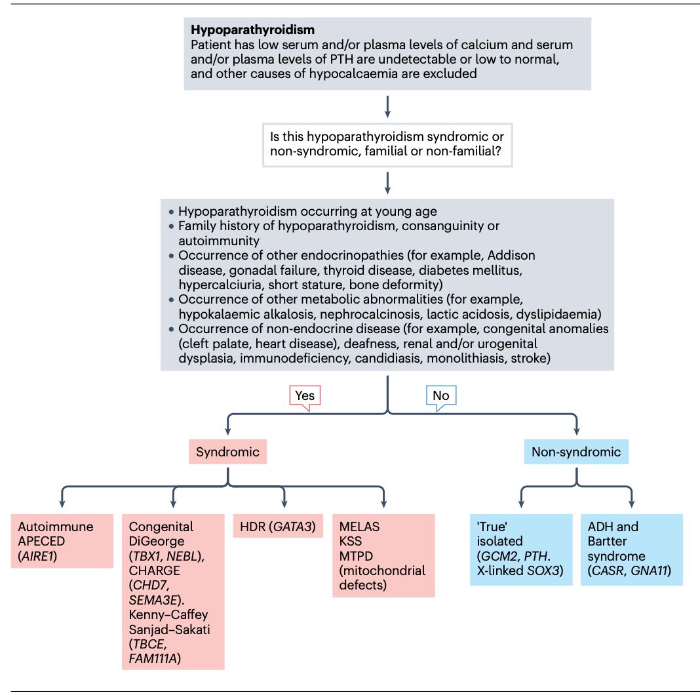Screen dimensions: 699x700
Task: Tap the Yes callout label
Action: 305,395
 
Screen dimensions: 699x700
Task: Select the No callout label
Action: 441,395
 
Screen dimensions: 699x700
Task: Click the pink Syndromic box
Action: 227,452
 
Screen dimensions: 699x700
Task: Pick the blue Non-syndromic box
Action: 576,452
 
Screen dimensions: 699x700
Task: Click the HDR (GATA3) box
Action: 278,527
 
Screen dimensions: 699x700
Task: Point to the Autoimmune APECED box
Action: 62,541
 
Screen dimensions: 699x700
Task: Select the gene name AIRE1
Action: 43,556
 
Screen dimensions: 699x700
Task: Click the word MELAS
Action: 359,527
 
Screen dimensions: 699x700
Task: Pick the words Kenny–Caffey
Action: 168,614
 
